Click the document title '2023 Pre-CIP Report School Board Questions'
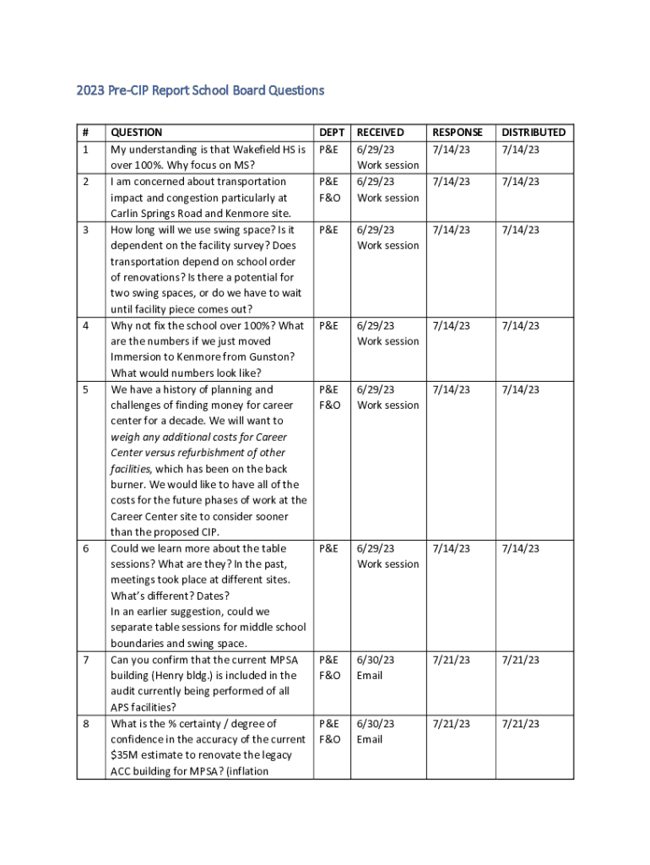(200, 90)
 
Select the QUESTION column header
(137, 133)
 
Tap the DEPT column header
(332, 133)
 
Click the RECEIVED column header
(381, 133)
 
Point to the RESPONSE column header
(458, 133)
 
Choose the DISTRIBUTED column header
(534, 133)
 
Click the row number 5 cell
(85, 390)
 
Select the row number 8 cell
(85, 724)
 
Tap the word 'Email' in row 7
(370, 676)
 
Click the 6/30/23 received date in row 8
(376, 724)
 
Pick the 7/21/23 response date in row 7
(451, 660)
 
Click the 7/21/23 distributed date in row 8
(521, 724)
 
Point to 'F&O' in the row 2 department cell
(329, 198)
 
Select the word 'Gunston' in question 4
(269, 357)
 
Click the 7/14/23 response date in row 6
(451, 548)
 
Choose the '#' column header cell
(85, 133)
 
